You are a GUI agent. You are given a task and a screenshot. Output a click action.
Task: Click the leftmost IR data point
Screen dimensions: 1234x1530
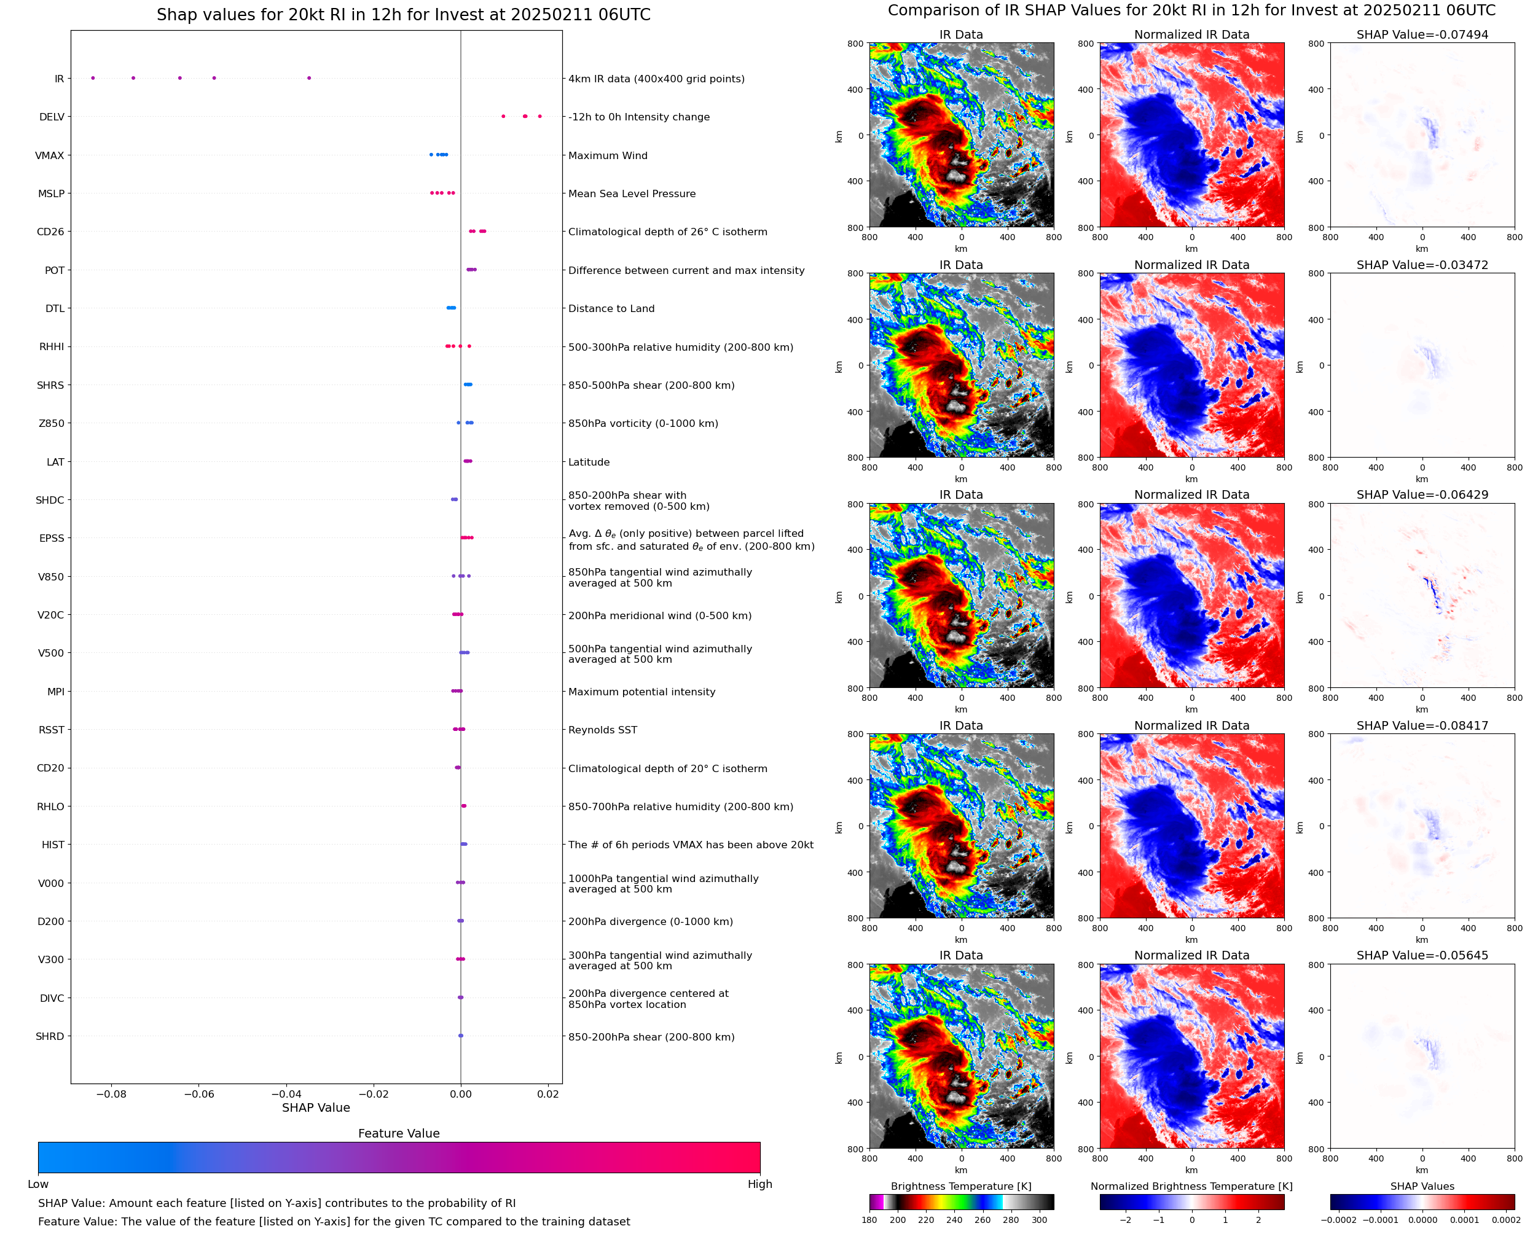(92, 78)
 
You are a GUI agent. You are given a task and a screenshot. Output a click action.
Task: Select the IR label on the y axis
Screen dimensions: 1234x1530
(59, 79)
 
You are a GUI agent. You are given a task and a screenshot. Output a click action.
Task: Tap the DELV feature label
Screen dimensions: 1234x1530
(51, 117)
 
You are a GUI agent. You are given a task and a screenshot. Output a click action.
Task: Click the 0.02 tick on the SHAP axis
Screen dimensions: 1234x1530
(547, 1094)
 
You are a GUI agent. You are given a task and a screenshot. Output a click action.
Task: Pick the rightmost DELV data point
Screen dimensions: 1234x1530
(539, 117)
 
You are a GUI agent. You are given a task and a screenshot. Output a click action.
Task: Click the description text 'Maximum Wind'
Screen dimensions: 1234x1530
(607, 155)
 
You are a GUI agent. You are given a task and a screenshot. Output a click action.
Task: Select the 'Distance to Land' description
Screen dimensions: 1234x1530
(611, 308)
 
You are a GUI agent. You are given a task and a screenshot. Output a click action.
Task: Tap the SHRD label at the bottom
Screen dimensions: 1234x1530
(50, 1036)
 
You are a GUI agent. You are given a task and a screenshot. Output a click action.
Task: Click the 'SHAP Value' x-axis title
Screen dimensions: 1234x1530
(316, 1107)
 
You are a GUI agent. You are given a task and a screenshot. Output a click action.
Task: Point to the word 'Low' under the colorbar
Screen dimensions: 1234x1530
(37, 1184)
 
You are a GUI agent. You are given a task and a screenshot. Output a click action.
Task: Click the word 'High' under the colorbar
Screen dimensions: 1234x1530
(759, 1184)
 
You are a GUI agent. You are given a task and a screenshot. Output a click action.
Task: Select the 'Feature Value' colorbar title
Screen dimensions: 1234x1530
(398, 1134)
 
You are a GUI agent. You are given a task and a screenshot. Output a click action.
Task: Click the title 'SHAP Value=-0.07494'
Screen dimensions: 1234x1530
(1422, 35)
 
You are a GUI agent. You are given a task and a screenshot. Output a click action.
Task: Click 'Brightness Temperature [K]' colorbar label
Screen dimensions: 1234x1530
(960, 1186)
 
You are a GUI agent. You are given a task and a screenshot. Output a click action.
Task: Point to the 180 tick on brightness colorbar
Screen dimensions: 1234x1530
(869, 1220)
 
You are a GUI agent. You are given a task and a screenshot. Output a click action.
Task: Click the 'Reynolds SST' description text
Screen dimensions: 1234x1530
(602, 730)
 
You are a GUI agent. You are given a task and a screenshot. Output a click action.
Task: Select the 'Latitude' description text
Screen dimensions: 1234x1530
(589, 462)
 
